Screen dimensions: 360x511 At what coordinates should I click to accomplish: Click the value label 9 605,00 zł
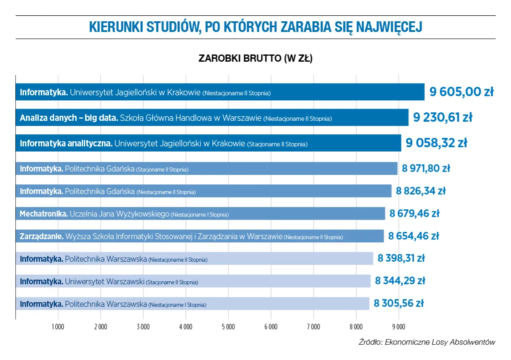coord(461,92)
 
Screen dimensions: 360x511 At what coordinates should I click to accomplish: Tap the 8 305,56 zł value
coord(399,303)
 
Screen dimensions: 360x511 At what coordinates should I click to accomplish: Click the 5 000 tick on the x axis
coord(228,327)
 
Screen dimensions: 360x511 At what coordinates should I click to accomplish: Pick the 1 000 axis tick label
coord(58,327)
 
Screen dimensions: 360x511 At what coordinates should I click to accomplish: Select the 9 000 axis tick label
coord(398,327)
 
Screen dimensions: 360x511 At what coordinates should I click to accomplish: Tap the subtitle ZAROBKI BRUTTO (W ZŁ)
coord(255,59)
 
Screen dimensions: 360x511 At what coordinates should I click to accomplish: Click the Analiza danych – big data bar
coord(212,118)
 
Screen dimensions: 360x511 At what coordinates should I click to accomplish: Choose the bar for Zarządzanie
coord(200,236)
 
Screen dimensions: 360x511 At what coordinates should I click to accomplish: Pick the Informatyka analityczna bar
coord(208,143)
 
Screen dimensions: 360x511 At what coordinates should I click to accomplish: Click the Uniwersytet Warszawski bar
coord(193,281)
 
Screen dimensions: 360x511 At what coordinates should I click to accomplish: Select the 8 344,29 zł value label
coord(400,281)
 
